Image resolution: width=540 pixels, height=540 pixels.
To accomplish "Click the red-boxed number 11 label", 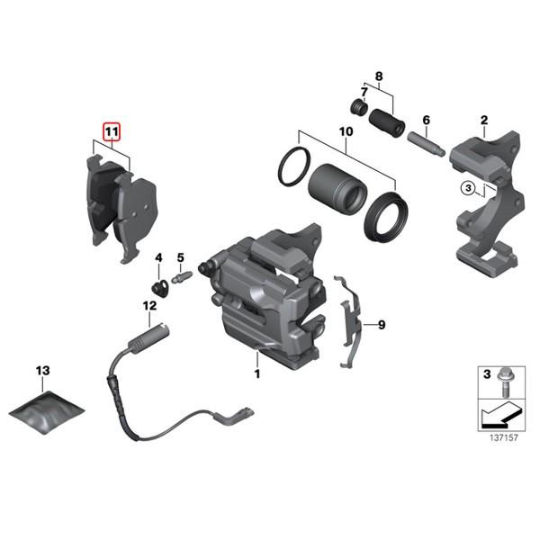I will (111, 132).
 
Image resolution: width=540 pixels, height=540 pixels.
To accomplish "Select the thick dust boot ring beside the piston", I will (383, 215).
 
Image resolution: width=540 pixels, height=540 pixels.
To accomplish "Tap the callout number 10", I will (344, 131).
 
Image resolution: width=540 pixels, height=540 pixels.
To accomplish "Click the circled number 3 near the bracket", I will (467, 188).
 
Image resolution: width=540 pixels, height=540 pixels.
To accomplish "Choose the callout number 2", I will (483, 120).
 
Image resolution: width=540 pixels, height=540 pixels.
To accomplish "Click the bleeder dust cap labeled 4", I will (159, 289).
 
